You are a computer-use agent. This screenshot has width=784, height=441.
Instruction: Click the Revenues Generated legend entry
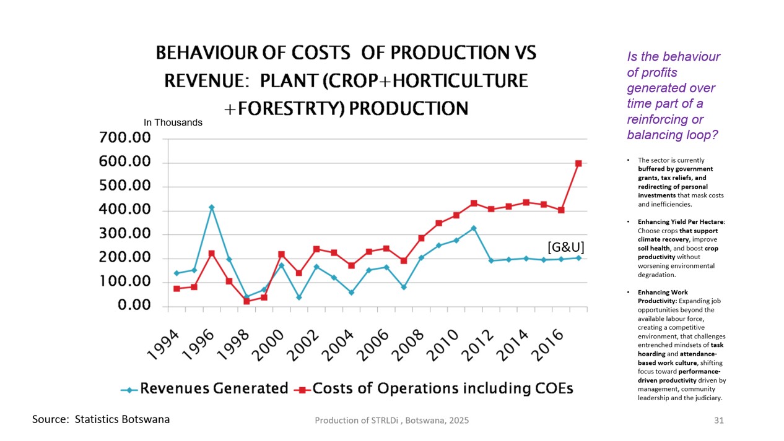coord(214,389)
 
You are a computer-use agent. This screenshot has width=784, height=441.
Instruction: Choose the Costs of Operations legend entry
coord(442,389)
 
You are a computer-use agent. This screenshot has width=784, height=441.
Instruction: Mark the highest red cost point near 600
coord(578,163)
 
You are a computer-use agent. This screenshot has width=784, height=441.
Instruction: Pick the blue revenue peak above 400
coord(212,207)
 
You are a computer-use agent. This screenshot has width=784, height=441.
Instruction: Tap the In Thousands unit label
coord(173,122)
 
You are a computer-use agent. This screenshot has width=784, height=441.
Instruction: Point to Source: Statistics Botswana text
coord(101,419)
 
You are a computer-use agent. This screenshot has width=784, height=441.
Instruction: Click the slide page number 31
coord(718,421)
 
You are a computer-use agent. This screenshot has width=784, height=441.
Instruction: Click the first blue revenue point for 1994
coord(176,273)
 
